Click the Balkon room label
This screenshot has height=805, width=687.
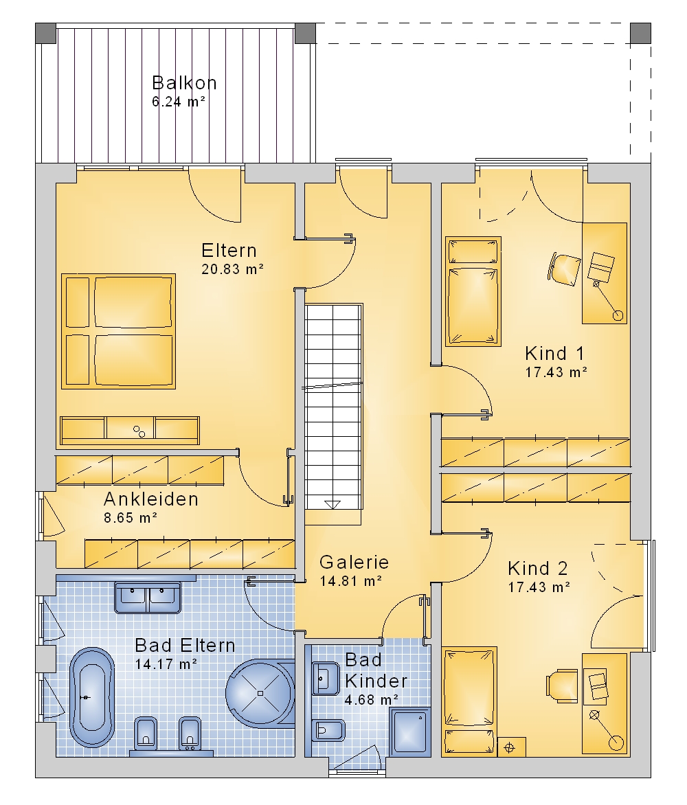click(184, 82)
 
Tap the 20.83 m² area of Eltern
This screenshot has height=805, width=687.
click(233, 269)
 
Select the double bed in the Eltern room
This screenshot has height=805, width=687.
click(119, 331)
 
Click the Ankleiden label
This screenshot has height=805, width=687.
click(151, 499)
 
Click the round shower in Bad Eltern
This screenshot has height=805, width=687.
click(260, 694)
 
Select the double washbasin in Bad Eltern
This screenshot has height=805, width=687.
click(148, 598)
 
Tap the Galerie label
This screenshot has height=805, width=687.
click(354, 562)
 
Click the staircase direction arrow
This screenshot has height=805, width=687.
click(333, 504)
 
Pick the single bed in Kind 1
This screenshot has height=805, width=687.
click(473, 291)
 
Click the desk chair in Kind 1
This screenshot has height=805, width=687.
click(564, 269)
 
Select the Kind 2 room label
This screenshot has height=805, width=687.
click(538, 568)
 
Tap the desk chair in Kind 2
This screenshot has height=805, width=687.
click(562, 684)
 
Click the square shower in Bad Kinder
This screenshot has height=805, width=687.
click(409, 732)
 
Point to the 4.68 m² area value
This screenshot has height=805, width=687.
click(372, 699)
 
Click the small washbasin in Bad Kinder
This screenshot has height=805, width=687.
click(326, 678)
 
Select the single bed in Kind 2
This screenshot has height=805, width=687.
click(469, 701)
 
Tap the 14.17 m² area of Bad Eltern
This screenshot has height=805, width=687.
click(166, 664)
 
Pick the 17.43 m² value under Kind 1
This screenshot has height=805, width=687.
click(556, 372)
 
